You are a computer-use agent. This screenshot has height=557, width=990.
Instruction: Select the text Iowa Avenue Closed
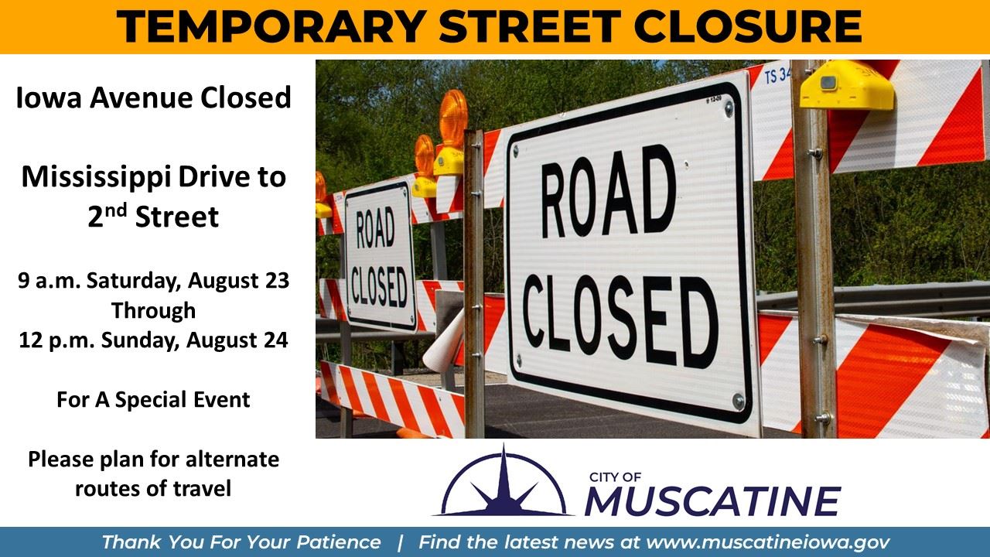[x=154, y=98]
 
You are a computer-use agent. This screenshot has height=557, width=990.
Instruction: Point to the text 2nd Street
[x=153, y=217]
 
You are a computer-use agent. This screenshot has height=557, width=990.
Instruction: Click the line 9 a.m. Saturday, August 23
[x=154, y=280]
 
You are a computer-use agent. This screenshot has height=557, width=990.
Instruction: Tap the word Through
[x=153, y=310]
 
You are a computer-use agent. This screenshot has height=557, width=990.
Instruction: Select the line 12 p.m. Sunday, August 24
[x=154, y=340]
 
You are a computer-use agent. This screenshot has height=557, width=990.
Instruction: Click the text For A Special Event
[x=153, y=400]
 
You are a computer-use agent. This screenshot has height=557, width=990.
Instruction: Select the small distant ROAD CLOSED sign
[x=379, y=255]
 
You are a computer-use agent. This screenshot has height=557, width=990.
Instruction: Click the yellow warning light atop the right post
[x=847, y=86]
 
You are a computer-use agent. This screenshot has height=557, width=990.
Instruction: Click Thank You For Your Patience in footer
[x=241, y=542]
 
